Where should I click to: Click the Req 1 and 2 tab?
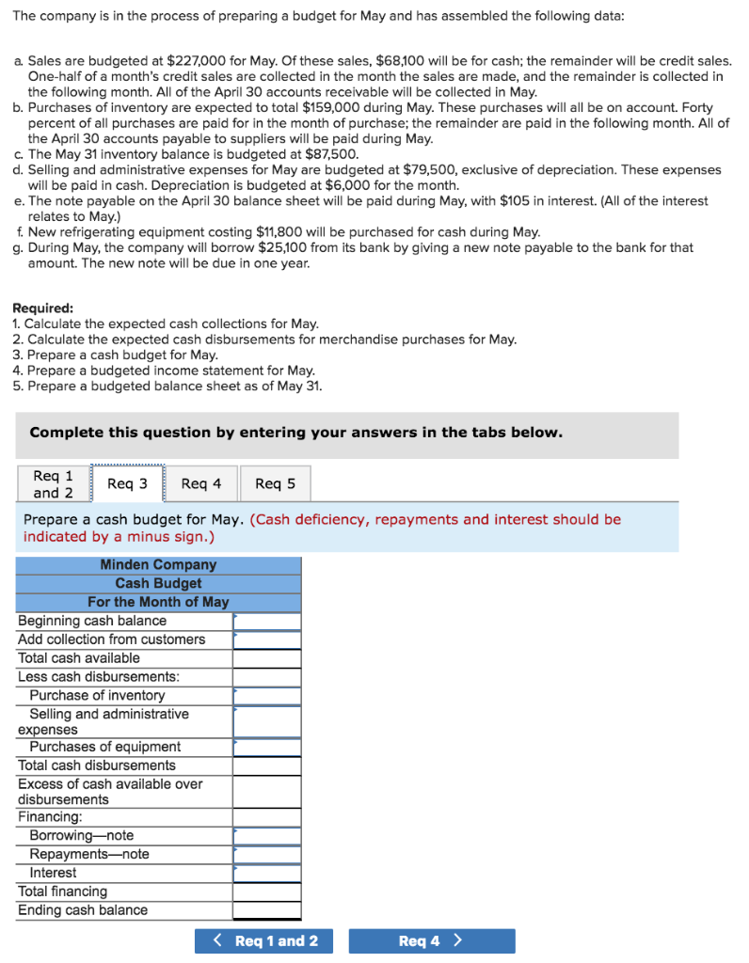(53, 484)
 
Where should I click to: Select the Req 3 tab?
(127, 483)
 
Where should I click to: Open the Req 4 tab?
(201, 483)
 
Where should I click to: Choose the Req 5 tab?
(275, 483)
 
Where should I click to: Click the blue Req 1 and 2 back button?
(263, 940)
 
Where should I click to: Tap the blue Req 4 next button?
(431, 940)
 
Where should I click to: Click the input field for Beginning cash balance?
(267, 622)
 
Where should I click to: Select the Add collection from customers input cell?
(267, 640)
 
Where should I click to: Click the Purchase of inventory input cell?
(267, 696)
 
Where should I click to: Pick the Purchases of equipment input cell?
(267, 748)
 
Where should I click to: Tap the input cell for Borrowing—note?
(267, 836)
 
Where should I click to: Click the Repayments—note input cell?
(267, 855)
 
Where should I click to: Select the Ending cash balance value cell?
(267, 910)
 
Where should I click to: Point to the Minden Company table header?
(158, 565)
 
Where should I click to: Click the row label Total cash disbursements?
(97, 766)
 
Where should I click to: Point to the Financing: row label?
(50, 818)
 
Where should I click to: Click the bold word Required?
(42, 308)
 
